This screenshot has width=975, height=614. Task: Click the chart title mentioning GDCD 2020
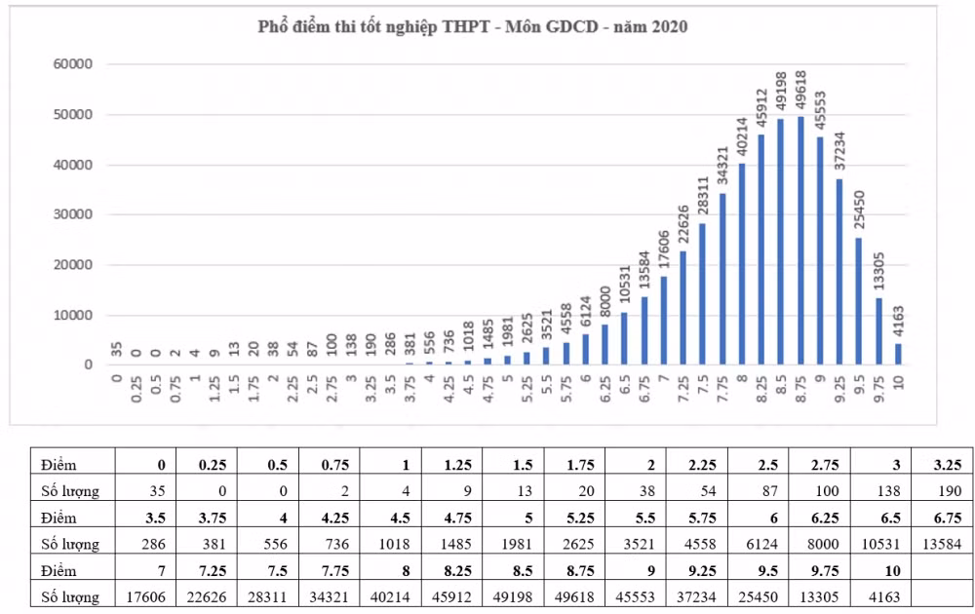(473, 27)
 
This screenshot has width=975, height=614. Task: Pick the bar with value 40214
(742, 264)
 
